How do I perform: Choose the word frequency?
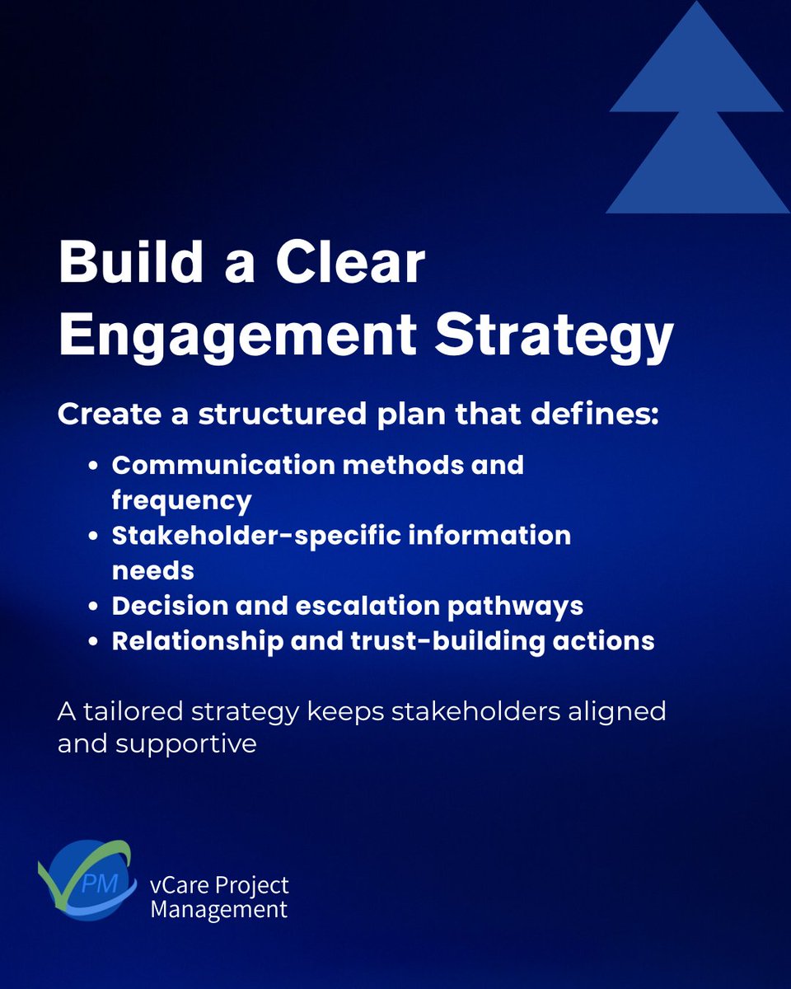tap(181, 499)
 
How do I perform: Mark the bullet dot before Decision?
tap(95, 607)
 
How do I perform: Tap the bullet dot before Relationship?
tap(95, 642)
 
